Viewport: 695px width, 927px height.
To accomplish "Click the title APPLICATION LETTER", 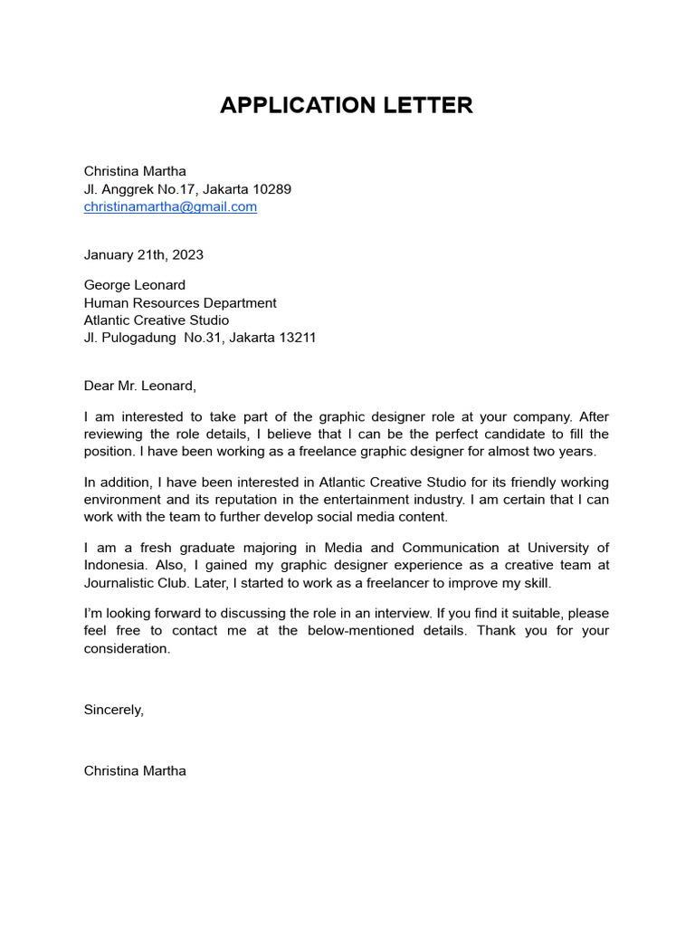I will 347,106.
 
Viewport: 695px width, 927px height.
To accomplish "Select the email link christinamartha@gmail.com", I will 170,206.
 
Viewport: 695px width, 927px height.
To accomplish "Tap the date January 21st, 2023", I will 143,254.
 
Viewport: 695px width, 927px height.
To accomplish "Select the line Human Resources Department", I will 180,303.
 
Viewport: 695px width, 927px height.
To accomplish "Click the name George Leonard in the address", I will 135,285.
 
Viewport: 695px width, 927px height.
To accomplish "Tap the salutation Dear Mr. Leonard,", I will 139,386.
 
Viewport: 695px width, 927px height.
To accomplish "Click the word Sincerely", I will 113,710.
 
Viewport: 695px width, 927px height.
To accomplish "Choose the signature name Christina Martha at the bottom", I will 135,771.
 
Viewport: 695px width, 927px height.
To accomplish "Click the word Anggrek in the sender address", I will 124,189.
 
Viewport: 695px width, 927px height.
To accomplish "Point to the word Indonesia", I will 113,565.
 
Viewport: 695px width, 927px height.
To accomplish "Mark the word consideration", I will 127,648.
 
